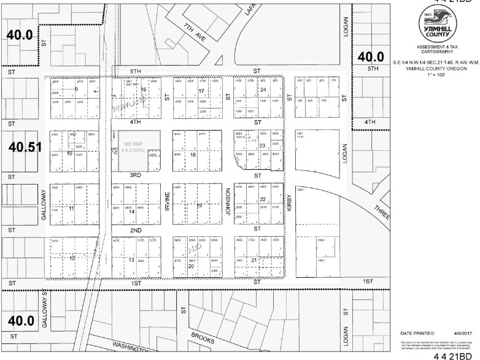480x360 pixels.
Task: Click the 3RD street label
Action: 136,175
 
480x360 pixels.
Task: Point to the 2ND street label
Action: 136,229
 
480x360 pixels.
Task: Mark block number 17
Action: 201,91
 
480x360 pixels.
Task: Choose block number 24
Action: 262,90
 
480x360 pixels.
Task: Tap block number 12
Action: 72,258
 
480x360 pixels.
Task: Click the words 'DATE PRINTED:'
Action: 417,332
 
